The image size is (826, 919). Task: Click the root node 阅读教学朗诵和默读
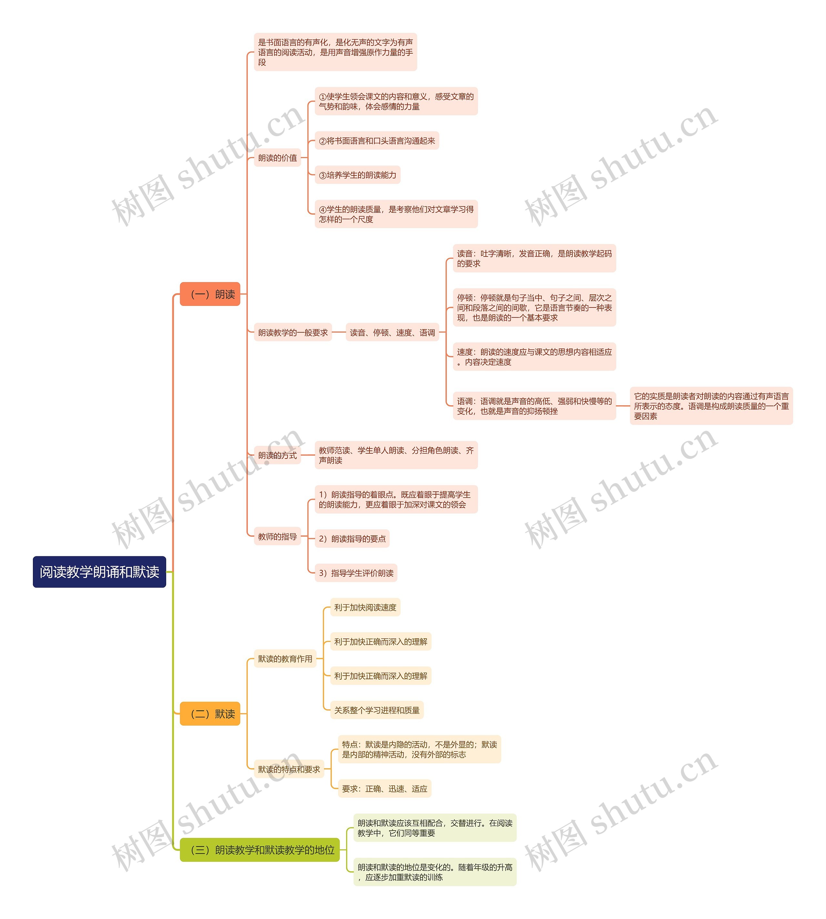click(99, 571)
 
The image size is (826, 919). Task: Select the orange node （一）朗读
click(210, 294)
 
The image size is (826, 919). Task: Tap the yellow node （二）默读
click(210, 713)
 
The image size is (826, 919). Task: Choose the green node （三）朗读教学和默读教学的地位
click(260, 850)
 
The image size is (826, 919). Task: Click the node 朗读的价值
click(277, 158)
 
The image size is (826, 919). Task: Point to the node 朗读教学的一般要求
click(293, 333)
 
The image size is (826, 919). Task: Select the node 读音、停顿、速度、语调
click(392, 333)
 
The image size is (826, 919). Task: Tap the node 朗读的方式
click(277, 455)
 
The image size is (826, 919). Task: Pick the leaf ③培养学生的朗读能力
click(357, 175)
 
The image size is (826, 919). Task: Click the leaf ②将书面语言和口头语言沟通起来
click(377, 141)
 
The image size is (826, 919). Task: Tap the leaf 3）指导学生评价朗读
click(356, 573)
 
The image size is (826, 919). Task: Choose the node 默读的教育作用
click(285, 659)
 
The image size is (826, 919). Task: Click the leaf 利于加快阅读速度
click(365, 607)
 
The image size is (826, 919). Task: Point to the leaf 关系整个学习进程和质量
click(377, 710)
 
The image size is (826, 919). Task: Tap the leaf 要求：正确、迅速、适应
click(384, 789)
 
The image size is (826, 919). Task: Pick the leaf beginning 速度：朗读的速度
click(534, 357)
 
